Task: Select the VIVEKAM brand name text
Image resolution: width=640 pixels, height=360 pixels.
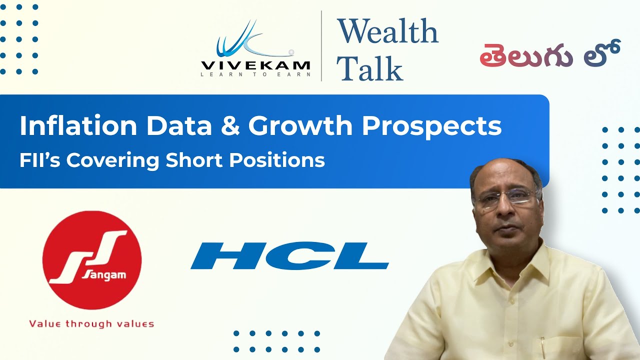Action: (x=255, y=65)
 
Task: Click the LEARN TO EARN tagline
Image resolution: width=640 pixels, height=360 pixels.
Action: (x=255, y=74)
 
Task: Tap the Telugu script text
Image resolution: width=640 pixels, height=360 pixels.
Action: (x=549, y=54)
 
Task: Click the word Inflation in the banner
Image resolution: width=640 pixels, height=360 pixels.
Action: (x=77, y=126)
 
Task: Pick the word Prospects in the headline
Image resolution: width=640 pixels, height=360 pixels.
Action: (x=431, y=126)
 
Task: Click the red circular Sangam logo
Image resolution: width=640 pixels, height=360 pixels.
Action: (x=92, y=260)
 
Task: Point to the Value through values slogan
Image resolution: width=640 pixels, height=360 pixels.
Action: (x=91, y=323)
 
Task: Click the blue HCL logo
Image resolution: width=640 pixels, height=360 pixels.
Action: (x=289, y=256)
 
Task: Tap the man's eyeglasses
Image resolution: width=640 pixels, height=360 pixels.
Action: (x=506, y=197)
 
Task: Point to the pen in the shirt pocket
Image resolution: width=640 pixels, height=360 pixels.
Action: (x=543, y=345)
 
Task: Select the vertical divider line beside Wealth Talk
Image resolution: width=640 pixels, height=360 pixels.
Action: (x=321, y=46)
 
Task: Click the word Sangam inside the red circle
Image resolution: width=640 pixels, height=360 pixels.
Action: (x=98, y=275)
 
